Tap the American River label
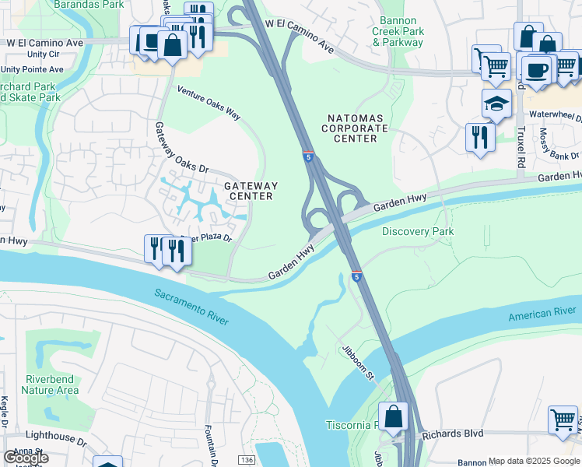pyautogui.click(x=542, y=314)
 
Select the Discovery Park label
pyautogui.click(x=418, y=231)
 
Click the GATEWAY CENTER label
pyautogui.click(x=250, y=191)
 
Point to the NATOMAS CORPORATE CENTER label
pyautogui.click(x=354, y=128)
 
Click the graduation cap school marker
pyautogui.click(x=496, y=103)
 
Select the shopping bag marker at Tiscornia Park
pyautogui.click(x=394, y=416)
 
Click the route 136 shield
pyautogui.click(x=247, y=460)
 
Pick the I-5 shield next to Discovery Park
pyautogui.click(x=356, y=276)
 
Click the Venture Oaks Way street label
pyautogui.click(x=209, y=102)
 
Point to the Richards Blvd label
pyautogui.click(x=453, y=434)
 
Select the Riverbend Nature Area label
pyautogui.click(x=50, y=384)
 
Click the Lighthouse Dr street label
pyautogui.click(x=54, y=437)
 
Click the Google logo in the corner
pyautogui.click(x=25, y=458)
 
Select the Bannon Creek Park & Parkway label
pyautogui.click(x=398, y=31)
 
